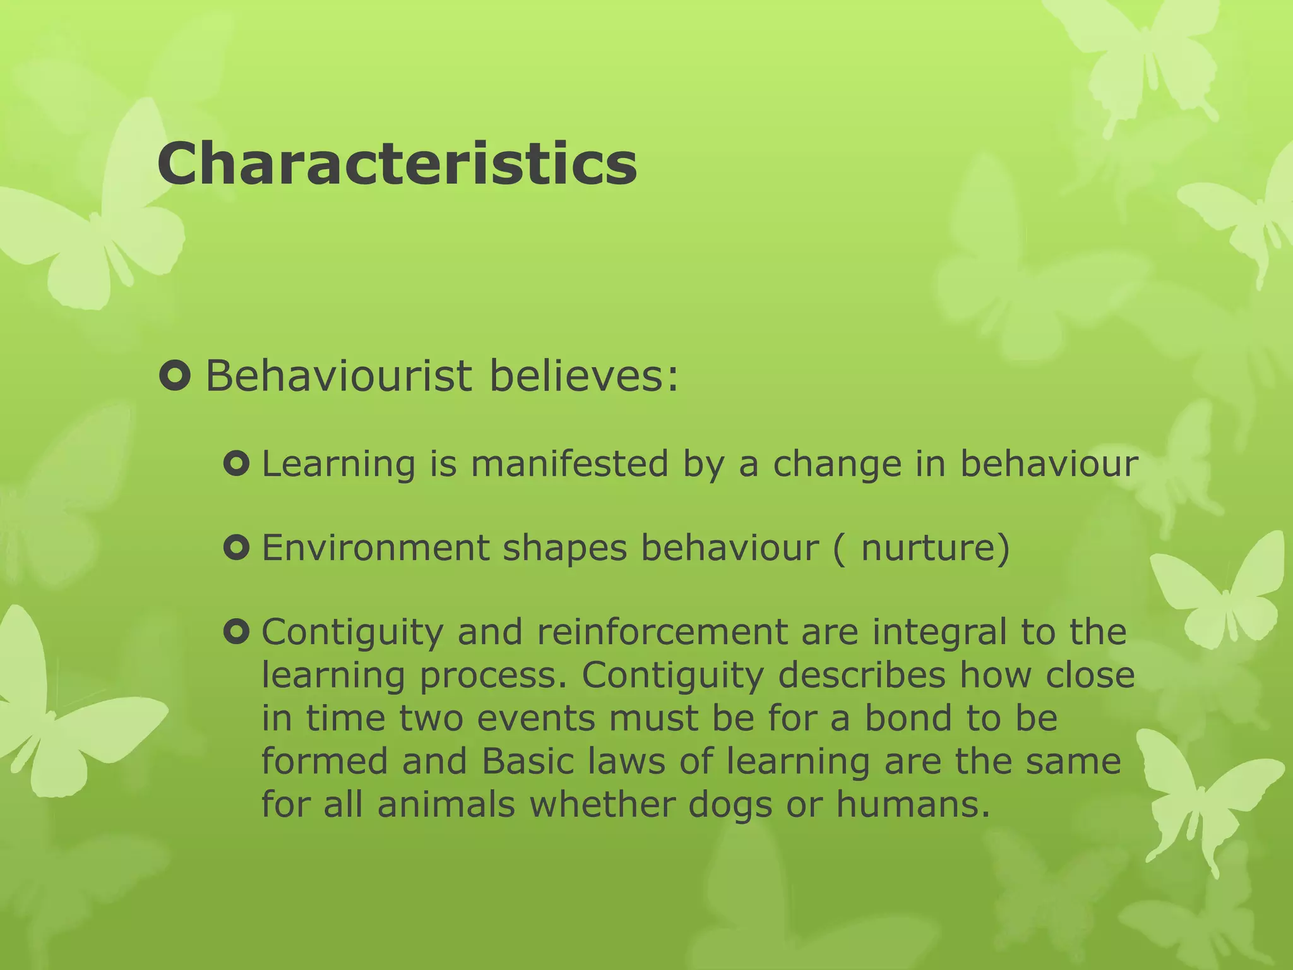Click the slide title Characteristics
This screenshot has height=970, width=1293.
pos(396,164)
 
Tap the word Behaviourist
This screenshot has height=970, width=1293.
pos(338,376)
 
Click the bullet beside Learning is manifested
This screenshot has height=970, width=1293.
pos(237,465)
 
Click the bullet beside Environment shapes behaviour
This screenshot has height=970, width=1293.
pos(237,548)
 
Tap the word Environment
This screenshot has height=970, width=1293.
pos(375,548)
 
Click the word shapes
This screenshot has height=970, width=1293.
pos(564,549)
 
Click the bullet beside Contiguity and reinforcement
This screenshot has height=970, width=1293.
pos(237,632)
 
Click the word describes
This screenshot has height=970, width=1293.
pos(862,675)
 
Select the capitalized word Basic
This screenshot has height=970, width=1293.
pos(527,761)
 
